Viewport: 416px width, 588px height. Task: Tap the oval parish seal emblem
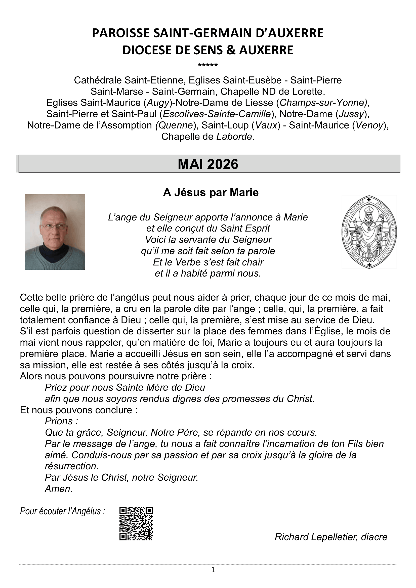point(369,232)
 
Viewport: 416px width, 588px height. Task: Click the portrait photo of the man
point(55,232)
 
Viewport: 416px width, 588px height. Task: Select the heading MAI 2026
point(208,164)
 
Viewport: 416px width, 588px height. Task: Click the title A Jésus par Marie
point(211,193)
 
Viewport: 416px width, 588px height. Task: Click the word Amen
point(59,489)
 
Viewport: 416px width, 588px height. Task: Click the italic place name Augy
point(158,103)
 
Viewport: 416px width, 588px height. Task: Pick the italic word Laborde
point(235,137)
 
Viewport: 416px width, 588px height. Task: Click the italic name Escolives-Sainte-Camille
point(217,114)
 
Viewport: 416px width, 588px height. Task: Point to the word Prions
point(60,421)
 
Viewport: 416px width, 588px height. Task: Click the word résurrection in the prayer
point(71,466)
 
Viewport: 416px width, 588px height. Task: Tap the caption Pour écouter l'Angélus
point(63,511)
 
